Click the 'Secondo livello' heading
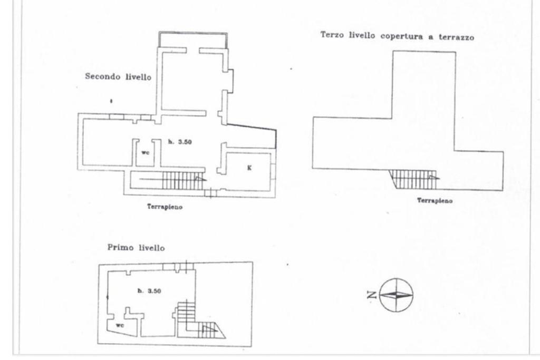(118, 76)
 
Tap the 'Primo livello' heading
(136, 247)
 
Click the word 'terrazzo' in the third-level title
(456, 37)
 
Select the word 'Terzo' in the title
(332, 35)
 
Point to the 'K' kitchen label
(249, 168)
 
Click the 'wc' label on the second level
(146, 152)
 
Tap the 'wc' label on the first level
(120, 325)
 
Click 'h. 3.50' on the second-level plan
(180, 142)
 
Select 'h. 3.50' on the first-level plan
(149, 291)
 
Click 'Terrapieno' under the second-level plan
(165, 207)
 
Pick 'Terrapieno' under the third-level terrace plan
(435, 200)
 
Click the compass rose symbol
(396, 295)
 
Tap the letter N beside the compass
(372, 295)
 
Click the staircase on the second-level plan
(182, 181)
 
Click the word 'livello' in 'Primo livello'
(151, 248)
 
